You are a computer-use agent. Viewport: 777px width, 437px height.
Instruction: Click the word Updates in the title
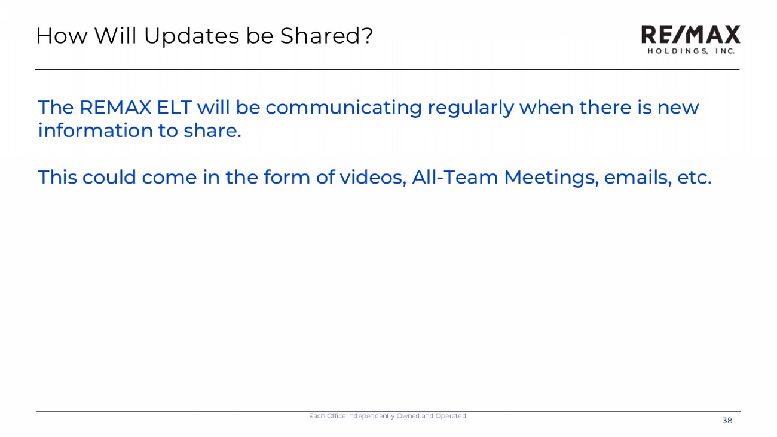click(x=191, y=36)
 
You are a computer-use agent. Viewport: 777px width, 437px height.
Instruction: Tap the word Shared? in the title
click(x=326, y=36)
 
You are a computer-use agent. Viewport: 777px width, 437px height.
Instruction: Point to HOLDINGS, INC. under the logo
click(x=691, y=51)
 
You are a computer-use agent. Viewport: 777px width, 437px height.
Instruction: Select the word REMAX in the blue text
click(x=115, y=107)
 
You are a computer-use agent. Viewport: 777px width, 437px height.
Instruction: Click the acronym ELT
click(x=174, y=107)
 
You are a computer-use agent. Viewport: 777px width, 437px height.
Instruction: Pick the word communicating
click(x=344, y=108)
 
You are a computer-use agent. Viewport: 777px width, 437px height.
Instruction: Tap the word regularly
click(x=470, y=108)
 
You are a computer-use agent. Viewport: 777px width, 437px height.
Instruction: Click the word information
click(x=96, y=131)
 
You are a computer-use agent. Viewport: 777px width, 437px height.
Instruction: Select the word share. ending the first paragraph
click(x=212, y=131)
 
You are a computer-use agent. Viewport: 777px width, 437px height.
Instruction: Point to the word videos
click(x=372, y=177)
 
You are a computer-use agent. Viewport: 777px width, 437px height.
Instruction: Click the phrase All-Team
click(x=455, y=177)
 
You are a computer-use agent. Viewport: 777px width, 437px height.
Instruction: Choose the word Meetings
click(x=551, y=178)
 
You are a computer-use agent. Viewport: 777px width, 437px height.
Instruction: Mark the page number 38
click(x=727, y=421)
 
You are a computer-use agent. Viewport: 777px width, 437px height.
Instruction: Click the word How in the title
click(x=62, y=36)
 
